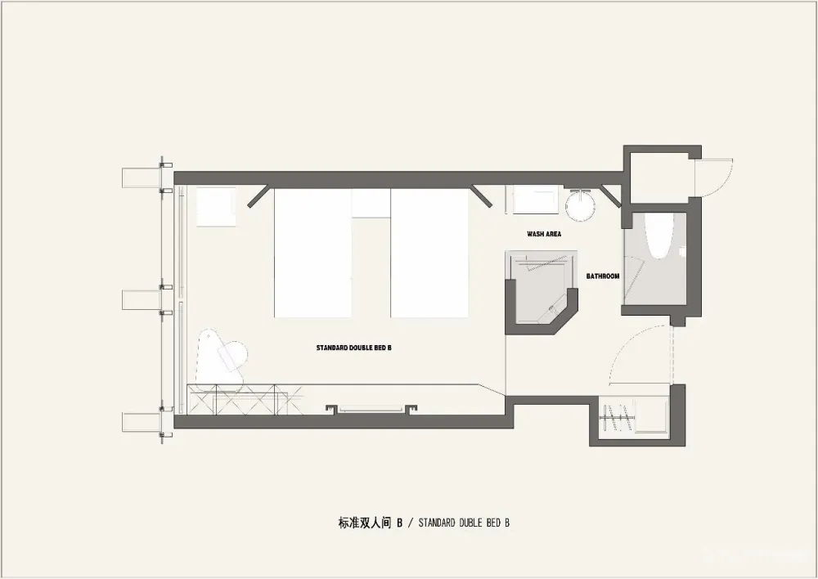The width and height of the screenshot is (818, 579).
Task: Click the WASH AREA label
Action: [544, 234]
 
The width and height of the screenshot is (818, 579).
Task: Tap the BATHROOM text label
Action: [603, 276]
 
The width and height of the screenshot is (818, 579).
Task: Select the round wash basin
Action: [580, 205]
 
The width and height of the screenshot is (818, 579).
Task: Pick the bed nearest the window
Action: [312, 253]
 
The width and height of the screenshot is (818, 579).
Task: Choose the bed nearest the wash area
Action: [430, 253]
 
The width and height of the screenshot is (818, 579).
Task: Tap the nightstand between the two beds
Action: [371, 203]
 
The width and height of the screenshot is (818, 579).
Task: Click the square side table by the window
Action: [216, 207]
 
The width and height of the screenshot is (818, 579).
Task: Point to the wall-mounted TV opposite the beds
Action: [371, 409]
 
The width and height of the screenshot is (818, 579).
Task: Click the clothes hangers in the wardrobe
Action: [617, 417]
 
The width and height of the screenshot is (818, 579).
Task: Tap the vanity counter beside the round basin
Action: [535, 199]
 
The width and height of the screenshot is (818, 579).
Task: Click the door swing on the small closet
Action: [716, 177]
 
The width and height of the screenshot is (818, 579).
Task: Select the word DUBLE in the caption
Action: [472, 523]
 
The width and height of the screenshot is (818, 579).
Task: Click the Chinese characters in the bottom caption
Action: [365, 523]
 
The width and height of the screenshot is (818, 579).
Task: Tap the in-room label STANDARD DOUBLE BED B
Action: [353, 348]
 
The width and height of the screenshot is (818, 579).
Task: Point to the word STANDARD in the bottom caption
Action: [436, 523]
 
